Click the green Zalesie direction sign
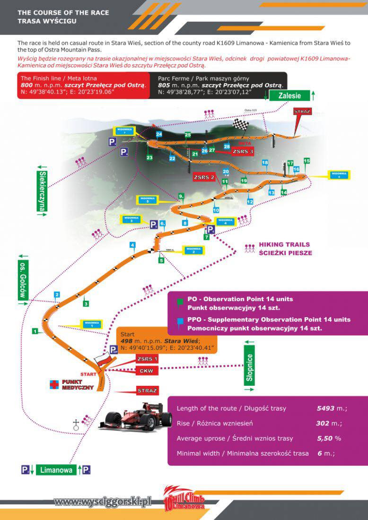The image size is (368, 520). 290,95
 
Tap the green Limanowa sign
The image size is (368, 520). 56,470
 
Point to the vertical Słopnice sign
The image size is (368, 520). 250,366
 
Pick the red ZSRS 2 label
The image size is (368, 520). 204,177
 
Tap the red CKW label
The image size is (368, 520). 147,371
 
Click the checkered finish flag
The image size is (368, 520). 241,126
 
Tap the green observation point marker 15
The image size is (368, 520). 307,161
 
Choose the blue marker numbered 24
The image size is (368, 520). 159,135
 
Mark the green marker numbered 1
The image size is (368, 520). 35,331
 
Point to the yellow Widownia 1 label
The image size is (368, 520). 92,324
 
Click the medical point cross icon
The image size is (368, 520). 54,384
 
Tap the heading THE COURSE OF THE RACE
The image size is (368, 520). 63,12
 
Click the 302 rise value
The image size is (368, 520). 323,423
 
